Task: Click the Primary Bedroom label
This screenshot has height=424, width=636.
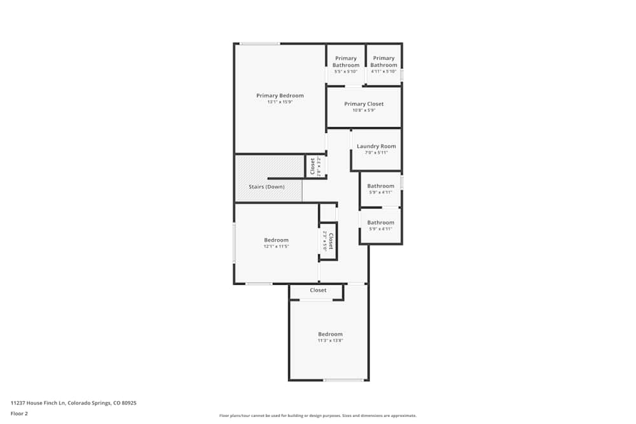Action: tap(280, 95)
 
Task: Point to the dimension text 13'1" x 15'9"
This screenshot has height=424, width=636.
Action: tap(280, 102)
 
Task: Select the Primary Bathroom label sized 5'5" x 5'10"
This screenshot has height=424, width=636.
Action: tap(346, 62)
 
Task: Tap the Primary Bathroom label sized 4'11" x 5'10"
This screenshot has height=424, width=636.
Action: tap(384, 62)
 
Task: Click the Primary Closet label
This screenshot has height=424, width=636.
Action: tap(364, 104)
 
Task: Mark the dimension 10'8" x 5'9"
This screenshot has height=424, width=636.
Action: tap(364, 111)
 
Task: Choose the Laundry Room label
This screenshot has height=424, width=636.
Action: tap(376, 146)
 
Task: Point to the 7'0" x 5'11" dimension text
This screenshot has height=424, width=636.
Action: tap(376, 153)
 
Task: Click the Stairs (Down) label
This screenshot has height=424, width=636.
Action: tap(267, 187)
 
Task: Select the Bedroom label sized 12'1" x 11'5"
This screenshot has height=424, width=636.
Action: tap(276, 240)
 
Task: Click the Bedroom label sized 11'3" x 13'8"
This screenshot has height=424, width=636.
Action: tap(330, 334)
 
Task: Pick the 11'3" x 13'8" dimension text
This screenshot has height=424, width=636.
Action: tap(330, 341)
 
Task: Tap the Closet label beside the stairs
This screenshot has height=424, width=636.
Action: tap(312, 167)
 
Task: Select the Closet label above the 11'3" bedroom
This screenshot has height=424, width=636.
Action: tap(318, 290)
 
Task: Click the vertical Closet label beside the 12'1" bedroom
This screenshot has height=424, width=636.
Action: tap(330, 241)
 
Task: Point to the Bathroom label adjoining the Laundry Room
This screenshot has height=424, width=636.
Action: tap(380, 186)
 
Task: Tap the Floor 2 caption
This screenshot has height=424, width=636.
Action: tap(19, 413)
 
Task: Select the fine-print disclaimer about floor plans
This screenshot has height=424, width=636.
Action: tap(318, 416)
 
